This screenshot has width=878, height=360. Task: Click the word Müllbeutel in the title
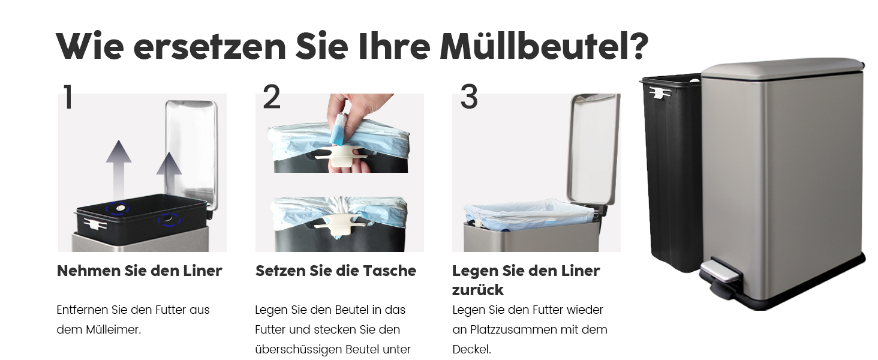544,46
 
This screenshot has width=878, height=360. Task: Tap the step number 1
68,97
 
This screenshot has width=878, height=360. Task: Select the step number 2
272,97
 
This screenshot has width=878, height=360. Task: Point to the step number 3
469,97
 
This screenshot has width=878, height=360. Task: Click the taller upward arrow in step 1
118,169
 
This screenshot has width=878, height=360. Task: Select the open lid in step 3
594,148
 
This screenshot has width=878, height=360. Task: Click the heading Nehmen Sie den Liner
140,271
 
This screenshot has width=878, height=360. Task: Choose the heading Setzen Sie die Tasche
335,271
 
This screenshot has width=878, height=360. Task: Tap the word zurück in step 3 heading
477,290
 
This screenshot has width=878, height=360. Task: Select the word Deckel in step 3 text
471,349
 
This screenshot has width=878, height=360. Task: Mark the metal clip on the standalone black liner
661,92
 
